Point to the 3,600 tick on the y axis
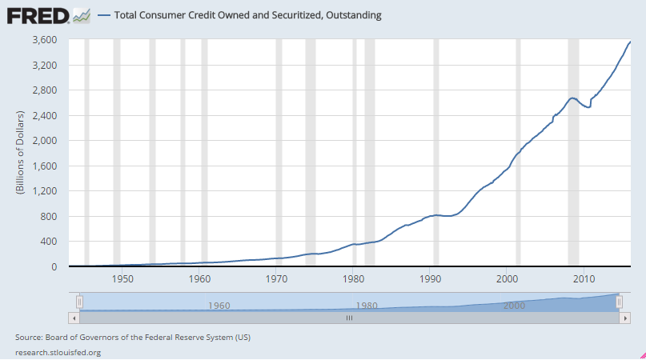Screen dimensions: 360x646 [44, 39]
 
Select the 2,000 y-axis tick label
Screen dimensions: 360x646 [44, 141]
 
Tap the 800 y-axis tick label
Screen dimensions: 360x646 [49, 217]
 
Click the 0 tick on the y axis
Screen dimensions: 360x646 [54, 267]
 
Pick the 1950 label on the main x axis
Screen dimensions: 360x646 [122, 278]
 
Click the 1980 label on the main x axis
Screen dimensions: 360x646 [354, 278]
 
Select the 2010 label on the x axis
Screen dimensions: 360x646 [584, 278]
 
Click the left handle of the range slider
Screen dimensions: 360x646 [79, 302]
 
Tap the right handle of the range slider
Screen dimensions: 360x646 [619, 302]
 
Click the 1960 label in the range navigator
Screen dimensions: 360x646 [219, 306]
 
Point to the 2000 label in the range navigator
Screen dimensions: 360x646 [515, 306]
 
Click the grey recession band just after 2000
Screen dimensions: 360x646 [518, 152]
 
